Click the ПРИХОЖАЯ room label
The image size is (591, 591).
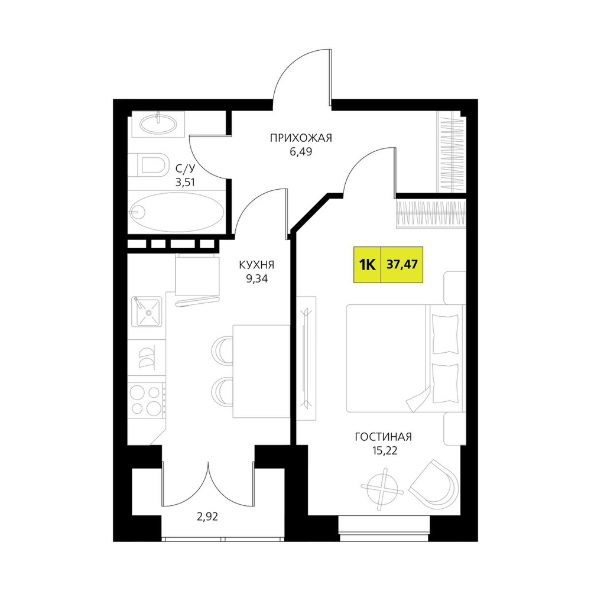[x=301, y=138]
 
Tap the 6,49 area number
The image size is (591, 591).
[x=301, y=152]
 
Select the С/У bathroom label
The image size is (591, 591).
[x=185, y=168]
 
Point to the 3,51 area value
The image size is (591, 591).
[x=185, y=183]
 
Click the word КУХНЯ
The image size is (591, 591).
[x=256, y=265]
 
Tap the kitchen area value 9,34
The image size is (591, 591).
[x=256, y=279]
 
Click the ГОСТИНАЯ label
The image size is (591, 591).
[x=384, y=437]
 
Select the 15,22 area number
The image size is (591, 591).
[x=384, y=451]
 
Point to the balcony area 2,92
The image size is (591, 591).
[x=207, y=517]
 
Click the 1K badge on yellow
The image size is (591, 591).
[x=368, y=265]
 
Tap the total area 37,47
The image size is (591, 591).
[x=402, y=265]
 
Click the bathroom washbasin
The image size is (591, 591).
[x=158, y=124]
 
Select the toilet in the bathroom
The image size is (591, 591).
[x=148, y=165]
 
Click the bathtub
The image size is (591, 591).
[x=176, y=212]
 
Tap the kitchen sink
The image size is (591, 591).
[x=147, y=311]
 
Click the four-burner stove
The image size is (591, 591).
[x=147, y=400]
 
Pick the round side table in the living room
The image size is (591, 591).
[x=383, y=489]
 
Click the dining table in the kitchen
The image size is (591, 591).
[x=261, y=371]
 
